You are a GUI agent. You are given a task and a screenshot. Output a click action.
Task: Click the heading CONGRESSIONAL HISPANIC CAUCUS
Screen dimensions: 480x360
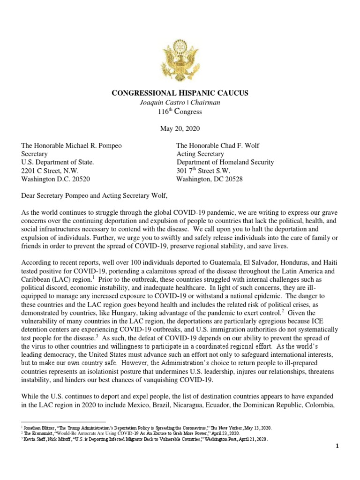pyautogui.click(x=180, y=93)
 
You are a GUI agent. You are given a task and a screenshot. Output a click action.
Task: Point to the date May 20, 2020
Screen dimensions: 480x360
pyautogui.click(x=180, y=129)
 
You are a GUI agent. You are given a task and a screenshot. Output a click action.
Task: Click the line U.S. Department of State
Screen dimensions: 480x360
pyautogui.click(x=58, y=163)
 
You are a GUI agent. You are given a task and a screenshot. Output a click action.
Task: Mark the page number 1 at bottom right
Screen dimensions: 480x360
pyautogui.click(x=337, y=459)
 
